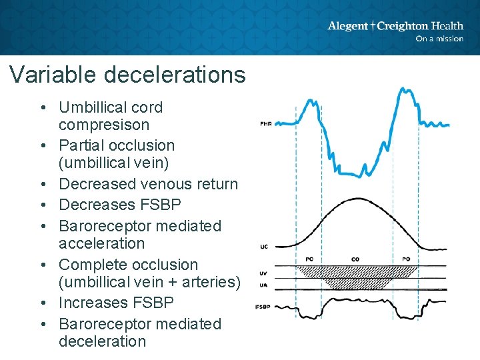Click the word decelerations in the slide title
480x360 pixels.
(x=175, y=74)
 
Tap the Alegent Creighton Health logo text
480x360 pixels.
(x=395, y=26)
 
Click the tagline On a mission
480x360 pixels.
(x=439, y=39)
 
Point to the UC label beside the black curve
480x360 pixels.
(x=264, y=247)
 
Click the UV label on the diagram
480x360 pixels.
(x=264, y=273)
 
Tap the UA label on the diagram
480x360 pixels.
(x=264, y=285)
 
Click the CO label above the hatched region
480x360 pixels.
(x=355, y=259)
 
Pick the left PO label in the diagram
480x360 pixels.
(x=309, y=259)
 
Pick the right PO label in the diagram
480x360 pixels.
(x=407, y=259)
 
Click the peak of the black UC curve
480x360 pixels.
(x=358, y=199)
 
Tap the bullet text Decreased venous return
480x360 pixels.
(x=148, y=184)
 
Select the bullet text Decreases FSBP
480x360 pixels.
(x=116, y=205)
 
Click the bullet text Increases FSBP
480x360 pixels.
(x=116, y=303)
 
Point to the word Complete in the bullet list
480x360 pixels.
(x=90, y=265)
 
